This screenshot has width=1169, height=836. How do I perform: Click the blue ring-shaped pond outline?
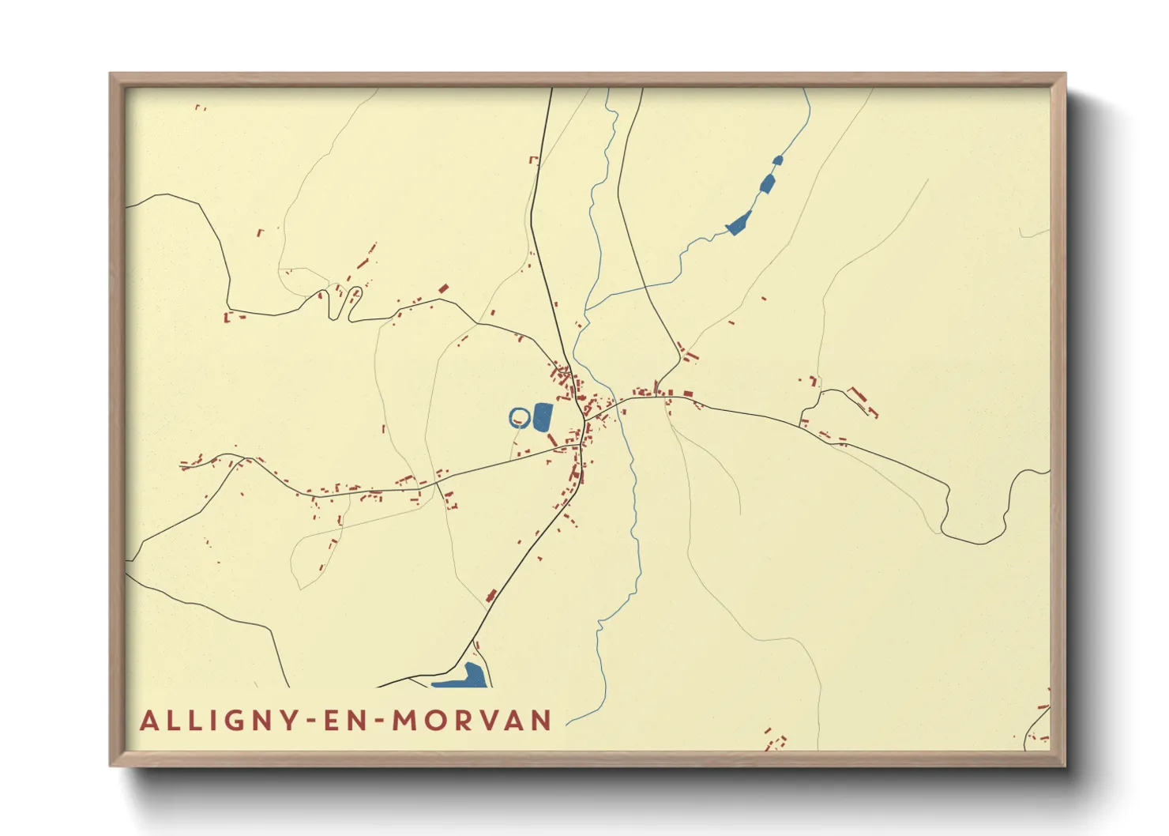pos(518,417)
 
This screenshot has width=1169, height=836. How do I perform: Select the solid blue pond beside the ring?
pos(542,417)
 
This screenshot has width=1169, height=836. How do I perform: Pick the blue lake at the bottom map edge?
pos(462,678)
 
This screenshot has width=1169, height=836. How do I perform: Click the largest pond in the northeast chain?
pos(739,224)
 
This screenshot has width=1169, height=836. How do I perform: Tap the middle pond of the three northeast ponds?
pos(766,184)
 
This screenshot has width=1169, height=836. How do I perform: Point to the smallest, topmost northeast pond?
pos(777,160)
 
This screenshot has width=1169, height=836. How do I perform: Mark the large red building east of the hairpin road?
pos(443,289)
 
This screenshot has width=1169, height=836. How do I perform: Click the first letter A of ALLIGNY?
pos(148,721)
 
